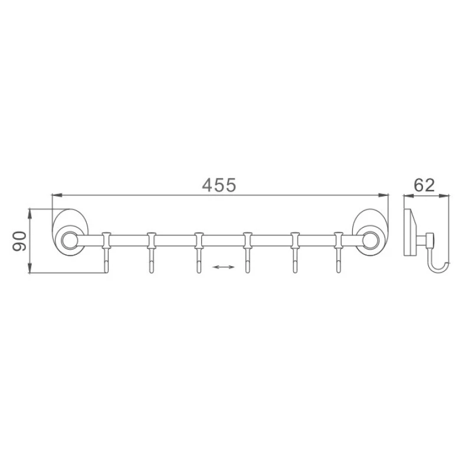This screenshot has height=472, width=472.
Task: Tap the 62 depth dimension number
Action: (x=424, y=185)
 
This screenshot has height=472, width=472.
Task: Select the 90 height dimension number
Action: (x=19, y=241)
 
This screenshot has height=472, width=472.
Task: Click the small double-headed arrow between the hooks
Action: (x=223, y=267)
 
